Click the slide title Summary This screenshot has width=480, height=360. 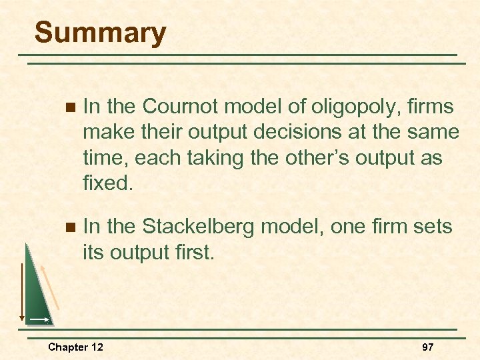tap(100, 33)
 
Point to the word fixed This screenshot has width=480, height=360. tap(107, 182)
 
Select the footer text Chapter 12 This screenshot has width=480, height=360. tap(75, 347)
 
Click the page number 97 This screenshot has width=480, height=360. tap(427, 347)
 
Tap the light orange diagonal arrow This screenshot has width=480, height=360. tap(50, 286)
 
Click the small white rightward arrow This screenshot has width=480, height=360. tap(39, 321)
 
